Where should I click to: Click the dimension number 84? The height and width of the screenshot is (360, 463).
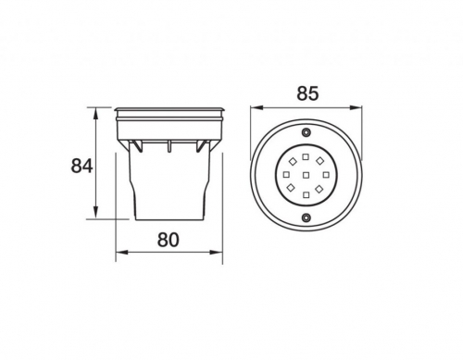(81, 166)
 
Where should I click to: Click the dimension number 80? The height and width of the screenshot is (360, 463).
(169, 240)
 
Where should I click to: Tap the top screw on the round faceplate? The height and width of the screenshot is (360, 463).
(306, 131)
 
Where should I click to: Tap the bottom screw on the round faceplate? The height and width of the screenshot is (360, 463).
(306, 217)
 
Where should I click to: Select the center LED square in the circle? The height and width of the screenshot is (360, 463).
(306, 175)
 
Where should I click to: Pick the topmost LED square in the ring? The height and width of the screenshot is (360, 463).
(306, 156)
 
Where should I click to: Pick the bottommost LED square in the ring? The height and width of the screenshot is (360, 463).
(306, 194)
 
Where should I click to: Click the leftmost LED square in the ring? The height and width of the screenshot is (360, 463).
(286, 175)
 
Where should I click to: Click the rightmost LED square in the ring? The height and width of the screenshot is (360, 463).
(326, 175)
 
